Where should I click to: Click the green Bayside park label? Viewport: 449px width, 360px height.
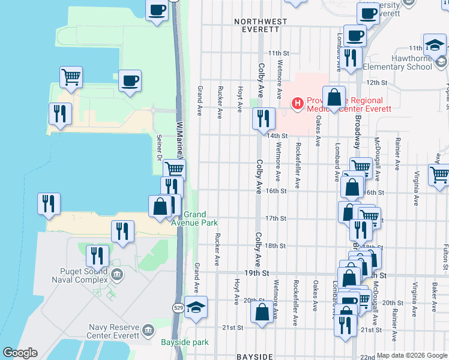pyautogui.click(x=184, y=343)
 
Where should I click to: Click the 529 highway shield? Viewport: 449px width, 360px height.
pyautogui.click(x=178, y=308)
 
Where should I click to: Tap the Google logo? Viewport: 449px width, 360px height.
pyautogui.click(x=20, y=353)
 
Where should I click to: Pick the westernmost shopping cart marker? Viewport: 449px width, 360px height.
pyautogui.click(x=71, y=77)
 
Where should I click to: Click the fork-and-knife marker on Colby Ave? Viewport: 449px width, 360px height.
pyautogui.click(x=264, y=119)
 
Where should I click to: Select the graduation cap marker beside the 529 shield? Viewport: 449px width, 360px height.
pyautogui.click(x=196, y=307)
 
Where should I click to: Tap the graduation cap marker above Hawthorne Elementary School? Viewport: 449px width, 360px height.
pyautogui.click(x=434, y=45)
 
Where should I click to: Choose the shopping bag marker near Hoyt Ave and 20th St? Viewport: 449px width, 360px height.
pyautogui.click(x=262, y=312)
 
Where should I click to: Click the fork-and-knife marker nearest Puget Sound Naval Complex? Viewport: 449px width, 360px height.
pyautogui.click(x=97, y=256)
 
